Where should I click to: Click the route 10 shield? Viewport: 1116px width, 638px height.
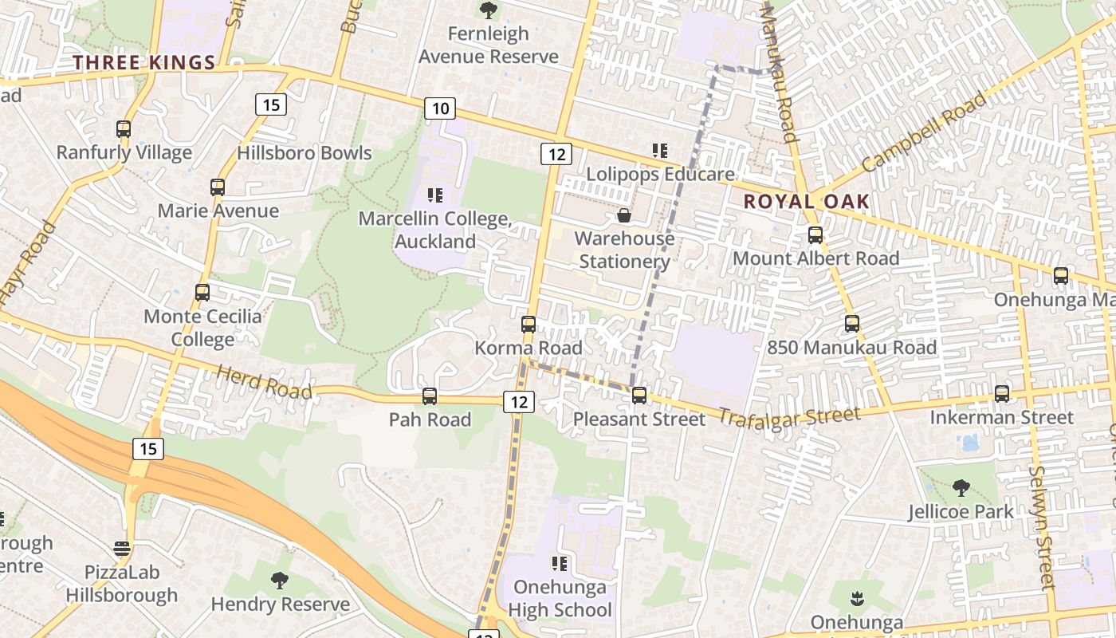click(x=441, y=108)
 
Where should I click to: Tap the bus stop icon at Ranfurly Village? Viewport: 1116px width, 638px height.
click(x=124, y=129)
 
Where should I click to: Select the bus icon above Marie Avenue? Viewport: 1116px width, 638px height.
click(x=218, y=187)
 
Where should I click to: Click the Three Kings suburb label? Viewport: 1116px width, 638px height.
click(x=144, y=63)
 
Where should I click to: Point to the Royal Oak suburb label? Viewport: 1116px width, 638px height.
click(x=806, y=202)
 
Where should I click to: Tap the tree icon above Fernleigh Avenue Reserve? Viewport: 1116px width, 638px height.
click(x=488, y=10)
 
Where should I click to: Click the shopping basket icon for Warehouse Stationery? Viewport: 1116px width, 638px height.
click(x=624, y=215)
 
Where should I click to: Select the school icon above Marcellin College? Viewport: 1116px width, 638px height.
click(x=435, y=195)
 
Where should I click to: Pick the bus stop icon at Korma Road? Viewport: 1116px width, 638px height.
click(x=529, y=325)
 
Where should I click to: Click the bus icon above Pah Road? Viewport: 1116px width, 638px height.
click(x=430, y=396)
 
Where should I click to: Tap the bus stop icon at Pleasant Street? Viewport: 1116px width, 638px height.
click(x=639, y=396)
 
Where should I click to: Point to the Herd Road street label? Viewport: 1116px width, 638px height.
click(x=264, y=382)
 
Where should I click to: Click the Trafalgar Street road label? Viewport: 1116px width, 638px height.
click(x=789, y=416)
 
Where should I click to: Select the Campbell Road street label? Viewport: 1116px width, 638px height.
click(x=923, y=132)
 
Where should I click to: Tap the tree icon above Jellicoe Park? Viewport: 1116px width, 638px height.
click(x=961, y=487)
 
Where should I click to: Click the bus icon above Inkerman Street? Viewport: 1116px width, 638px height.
click(x=1002, y=394)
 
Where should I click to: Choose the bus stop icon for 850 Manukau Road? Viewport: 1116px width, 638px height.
click(x=852, y=324)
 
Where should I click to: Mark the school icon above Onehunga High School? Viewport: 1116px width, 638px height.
click(x=560, y=564)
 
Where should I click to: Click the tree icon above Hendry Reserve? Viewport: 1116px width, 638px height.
click(x=279, y=581)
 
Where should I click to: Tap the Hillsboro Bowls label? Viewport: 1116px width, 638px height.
click(x=305, y=153)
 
